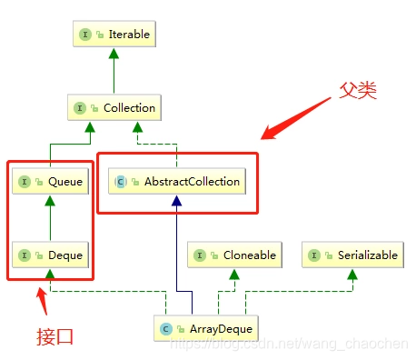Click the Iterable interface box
tap(112, 35)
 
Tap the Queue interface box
tap(50, 182)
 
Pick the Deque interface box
tap(50, 255)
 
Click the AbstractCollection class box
tap(178, 182)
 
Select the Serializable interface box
tap(352, 255)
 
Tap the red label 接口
tap(54, 335)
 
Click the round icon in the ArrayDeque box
tap(166, 328)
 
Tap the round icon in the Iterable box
tap(84, 35)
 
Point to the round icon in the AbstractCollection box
tap(121, 182)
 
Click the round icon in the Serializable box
tap(314, 255)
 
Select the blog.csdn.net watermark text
tap(300, 345)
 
